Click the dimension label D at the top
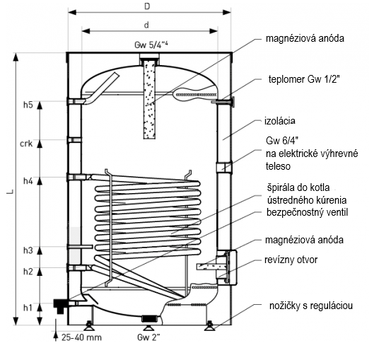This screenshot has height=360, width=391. [x=147, y=6]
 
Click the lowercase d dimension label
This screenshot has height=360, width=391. [x=146, y=25]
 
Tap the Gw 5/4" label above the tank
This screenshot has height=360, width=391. [x=151, y=45]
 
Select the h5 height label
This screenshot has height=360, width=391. [x=28, y=105]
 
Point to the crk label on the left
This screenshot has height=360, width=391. [x=26, y=144]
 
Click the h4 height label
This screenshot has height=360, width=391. [x=28, y=180]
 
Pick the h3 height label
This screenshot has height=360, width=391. [x=28, y=250]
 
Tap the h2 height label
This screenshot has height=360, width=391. [x=28, y=272]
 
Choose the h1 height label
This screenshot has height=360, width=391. [x=28, y=308]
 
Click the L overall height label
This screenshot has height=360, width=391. [x=10, y=192]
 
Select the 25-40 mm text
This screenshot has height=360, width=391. [x=81, y=337]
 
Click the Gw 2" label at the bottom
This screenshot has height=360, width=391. [x=148, y=337]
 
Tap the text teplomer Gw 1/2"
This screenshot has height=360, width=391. [x=304, y=79]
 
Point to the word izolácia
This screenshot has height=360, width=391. [x=280, y=121]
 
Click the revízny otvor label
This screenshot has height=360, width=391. [x=291, y=260]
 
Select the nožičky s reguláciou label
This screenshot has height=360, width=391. [x=311, y=306]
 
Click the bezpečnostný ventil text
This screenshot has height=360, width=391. [x=307, y=213]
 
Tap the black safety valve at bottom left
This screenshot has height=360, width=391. [x=60, y=306]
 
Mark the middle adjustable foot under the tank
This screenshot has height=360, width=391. [x=147, y=326]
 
